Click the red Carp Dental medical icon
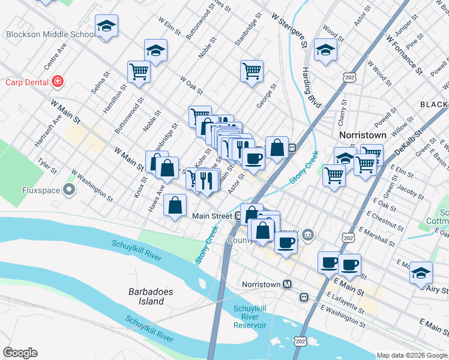coord(58,81)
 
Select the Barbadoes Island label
coord(151,296)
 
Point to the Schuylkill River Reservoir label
coord(249,317)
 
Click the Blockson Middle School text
coord(48,34)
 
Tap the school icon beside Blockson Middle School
coord(106,26)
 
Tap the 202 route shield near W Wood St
coord(349,77)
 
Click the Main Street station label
coord(212,215)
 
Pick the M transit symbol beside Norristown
coord(288,284)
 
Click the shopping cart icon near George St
coord(252,70)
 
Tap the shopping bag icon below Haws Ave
coord(175,206)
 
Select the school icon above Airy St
coord(421,271)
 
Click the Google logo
coord(20,353)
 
